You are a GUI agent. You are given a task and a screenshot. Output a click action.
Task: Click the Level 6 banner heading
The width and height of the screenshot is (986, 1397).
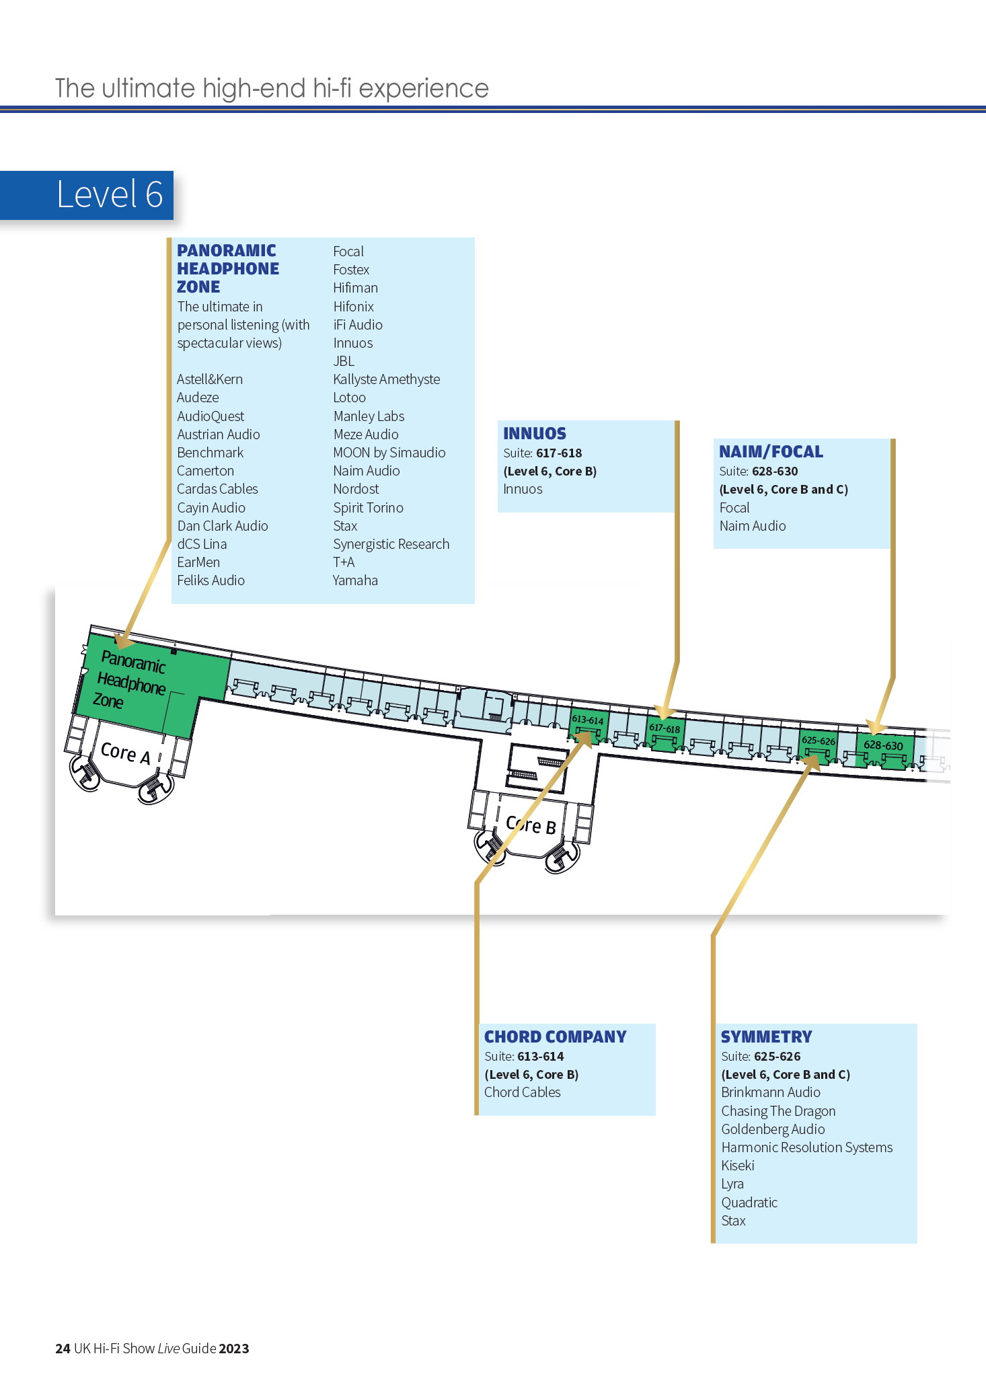(x=110, y=194)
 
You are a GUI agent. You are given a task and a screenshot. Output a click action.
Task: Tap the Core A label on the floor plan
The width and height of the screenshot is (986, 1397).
(x=125, y=753)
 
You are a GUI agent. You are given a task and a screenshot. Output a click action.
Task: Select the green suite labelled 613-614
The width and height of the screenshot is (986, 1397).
(x=588, y=724)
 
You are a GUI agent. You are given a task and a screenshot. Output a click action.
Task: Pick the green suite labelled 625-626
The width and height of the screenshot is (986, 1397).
(x=818, y=745)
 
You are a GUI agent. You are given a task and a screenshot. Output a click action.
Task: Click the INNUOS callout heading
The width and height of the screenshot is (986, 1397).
(x=535, y=433)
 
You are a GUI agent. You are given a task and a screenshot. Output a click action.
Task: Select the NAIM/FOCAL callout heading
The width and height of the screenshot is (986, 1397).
(x=771, y=451)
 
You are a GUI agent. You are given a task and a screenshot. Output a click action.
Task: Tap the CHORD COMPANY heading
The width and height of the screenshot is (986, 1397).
(x=556, y=1036)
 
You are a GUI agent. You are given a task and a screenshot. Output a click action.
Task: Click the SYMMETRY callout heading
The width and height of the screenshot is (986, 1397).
(x=766, y=1036)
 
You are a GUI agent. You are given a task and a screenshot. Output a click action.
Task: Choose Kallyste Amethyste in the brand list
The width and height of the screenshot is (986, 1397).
(x=387, y=379)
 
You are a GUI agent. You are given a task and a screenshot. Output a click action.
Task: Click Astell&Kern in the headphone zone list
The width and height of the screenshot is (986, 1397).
(x=210, y=379)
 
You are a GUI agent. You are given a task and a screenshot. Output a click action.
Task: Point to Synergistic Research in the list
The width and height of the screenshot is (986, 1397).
(x=391, y=544)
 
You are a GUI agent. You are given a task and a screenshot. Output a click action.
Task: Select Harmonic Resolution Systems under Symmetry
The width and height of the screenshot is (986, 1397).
(x=807, y=1147)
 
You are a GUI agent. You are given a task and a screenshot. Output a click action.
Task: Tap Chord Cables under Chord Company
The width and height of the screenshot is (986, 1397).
(x=523, y=1092)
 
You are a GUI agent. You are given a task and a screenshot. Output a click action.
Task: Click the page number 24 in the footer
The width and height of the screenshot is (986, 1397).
(x=63, y=1349)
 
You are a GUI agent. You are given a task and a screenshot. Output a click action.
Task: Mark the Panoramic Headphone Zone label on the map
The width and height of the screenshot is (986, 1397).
(x=130, y=681)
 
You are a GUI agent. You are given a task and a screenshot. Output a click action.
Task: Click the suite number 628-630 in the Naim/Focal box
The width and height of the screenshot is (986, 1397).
(x=775, y=471)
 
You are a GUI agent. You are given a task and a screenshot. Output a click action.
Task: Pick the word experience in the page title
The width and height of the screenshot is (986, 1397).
(x=424, y=89)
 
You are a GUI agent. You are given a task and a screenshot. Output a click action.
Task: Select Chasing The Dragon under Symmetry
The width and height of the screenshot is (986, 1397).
(x=778, y=1111)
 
